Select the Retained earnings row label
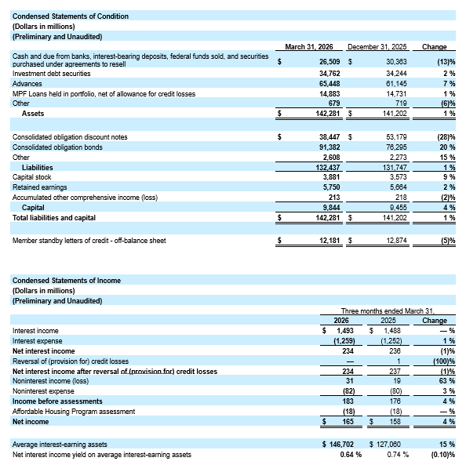coord(40,187)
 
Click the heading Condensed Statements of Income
coord(66,280)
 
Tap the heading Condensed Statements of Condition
coord(71,16)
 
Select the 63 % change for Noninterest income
coord(446,381)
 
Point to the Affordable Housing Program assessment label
coord(74,412)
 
